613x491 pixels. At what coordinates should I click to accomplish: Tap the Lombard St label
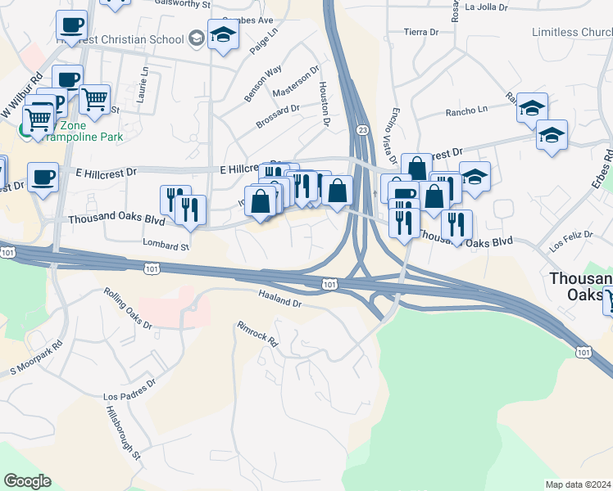pos(166,245)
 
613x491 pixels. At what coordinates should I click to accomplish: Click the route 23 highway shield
pos(361,130)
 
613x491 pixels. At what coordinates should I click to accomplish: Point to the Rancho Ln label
pos(465,110)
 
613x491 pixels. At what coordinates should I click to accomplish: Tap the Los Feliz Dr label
pos(569,241)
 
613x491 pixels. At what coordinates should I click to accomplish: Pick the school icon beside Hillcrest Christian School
pos(197,38)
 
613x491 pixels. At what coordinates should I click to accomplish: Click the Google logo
pos(28,481)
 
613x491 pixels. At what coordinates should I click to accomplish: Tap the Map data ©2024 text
pos(578,484)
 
